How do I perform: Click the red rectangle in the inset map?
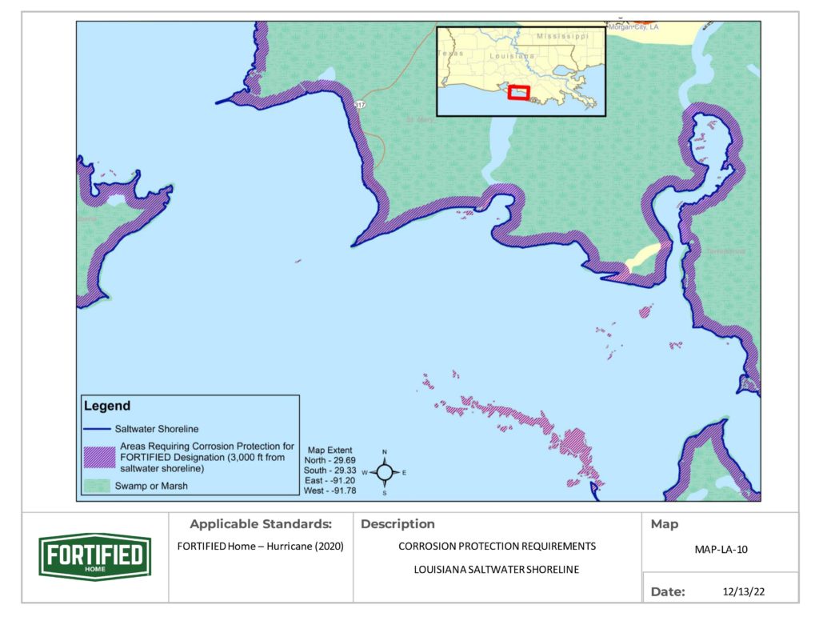tap(519, 92)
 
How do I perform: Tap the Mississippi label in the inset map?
tap(562, 37)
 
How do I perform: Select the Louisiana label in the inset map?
tap(510, 57)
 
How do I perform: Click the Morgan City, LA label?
tap(633, 27)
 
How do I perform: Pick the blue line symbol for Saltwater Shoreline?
tap(96, 429)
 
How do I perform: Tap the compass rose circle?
tap(385, 472)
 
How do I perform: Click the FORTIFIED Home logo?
tap(94, 555)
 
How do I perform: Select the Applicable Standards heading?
tap(260, 525)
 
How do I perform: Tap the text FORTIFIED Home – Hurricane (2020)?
tap(260, 547)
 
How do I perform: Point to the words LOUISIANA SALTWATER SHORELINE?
tap(497, 570)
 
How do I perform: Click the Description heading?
tap(398, 525)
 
